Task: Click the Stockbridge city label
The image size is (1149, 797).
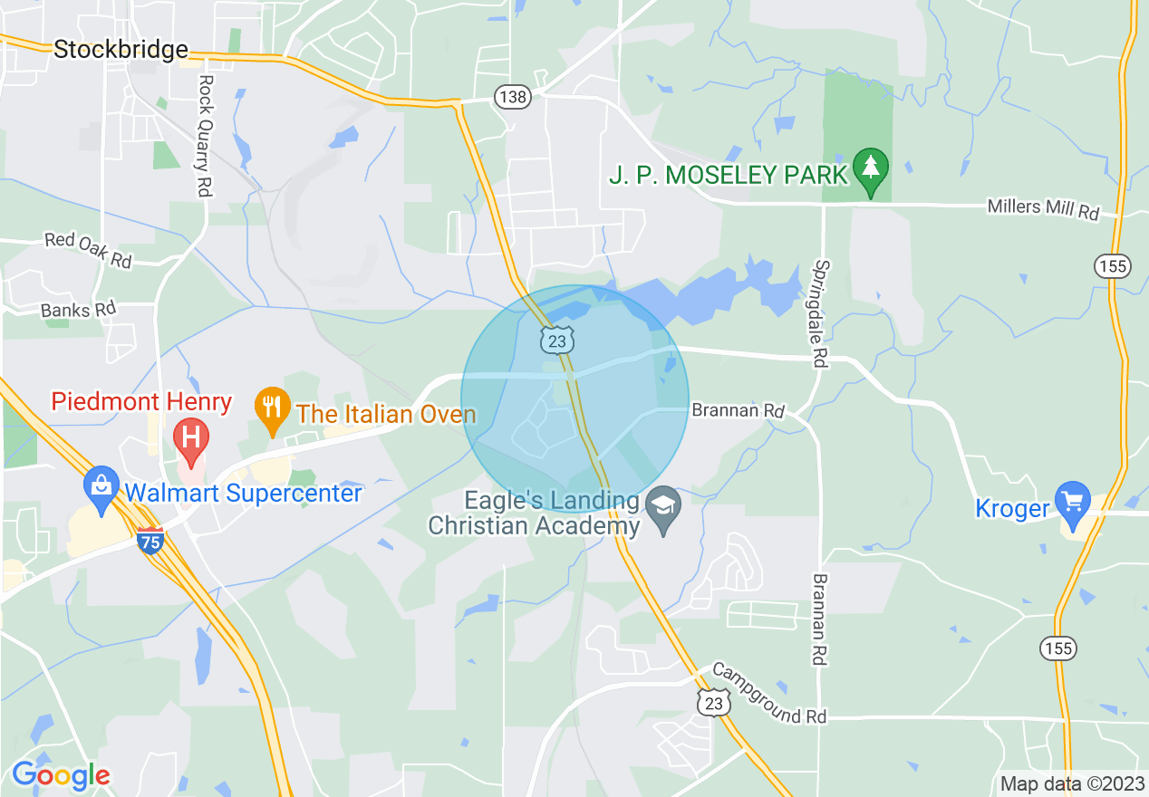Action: [121, 49]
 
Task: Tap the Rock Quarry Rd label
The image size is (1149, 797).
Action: [206, 135]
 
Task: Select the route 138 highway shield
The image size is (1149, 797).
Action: [512, 97]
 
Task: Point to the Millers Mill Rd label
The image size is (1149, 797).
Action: [1042, 210]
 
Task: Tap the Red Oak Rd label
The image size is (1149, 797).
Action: [88, 250]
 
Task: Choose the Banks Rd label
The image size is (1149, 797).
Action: [78, 308]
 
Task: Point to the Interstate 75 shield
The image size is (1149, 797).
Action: [150, 541]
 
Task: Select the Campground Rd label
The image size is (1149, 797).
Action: [768, 694]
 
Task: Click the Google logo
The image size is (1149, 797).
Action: [61, 775]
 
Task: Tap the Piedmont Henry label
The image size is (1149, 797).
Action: [141, 401]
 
